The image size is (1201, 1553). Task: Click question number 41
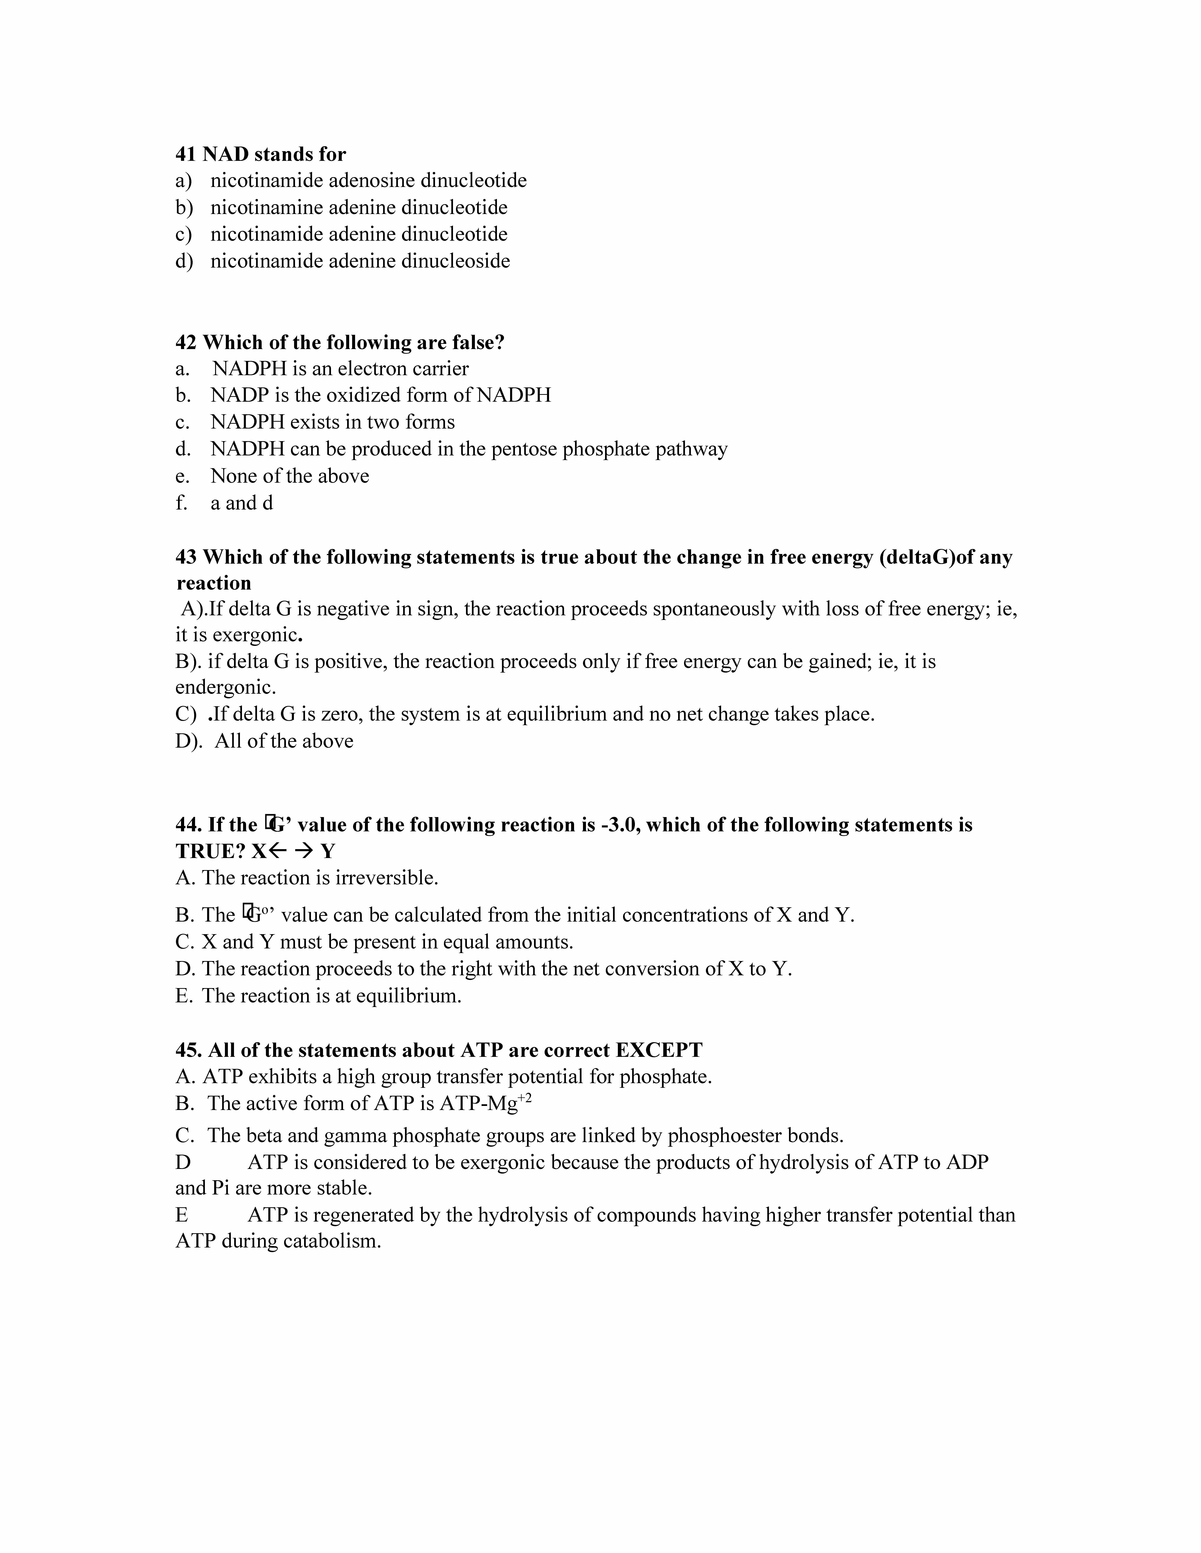[186, 154]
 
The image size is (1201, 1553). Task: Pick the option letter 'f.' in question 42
[181, 503]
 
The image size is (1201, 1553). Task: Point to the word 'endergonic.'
[225, 688]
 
